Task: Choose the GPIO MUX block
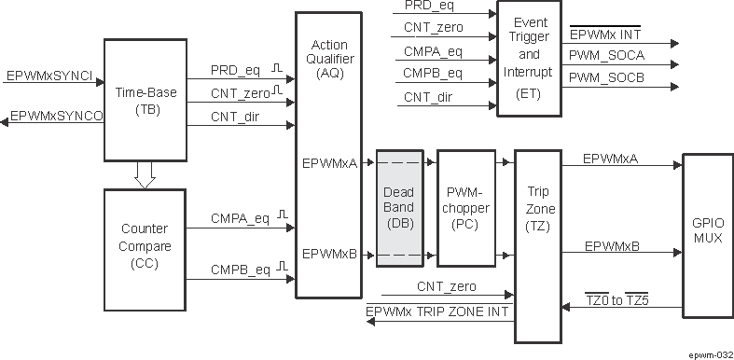(707, 230)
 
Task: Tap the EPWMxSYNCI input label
(48, 75)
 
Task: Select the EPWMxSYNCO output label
(56, 116)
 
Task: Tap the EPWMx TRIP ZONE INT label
(437, 312)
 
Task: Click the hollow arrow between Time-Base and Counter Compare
(145, 173)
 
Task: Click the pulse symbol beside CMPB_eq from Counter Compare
(279, 266)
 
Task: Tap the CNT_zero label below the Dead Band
(446, 286)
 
